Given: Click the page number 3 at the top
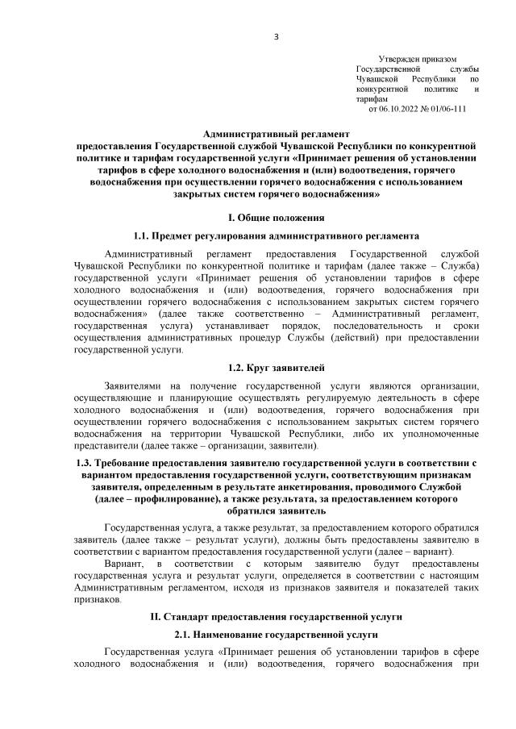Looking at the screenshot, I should pyautogui.click(x=276, y=36).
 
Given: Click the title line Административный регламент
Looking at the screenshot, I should pyautogui.click(x=277, y=135).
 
